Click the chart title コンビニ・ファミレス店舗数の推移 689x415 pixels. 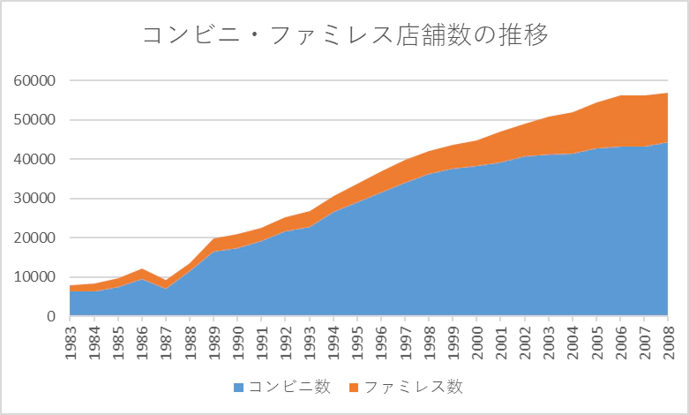(x=345, y=36)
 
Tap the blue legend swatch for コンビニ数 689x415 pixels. (x=238, y=387)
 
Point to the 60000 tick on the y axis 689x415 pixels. (x=35, y=80)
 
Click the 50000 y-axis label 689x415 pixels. (x=35, y=120)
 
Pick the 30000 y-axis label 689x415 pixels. (x=35, y=199)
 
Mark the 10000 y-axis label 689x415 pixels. (x=35, y=277)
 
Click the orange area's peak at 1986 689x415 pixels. (x=141, y=269)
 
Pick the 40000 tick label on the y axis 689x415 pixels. (x=35, y=159)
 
